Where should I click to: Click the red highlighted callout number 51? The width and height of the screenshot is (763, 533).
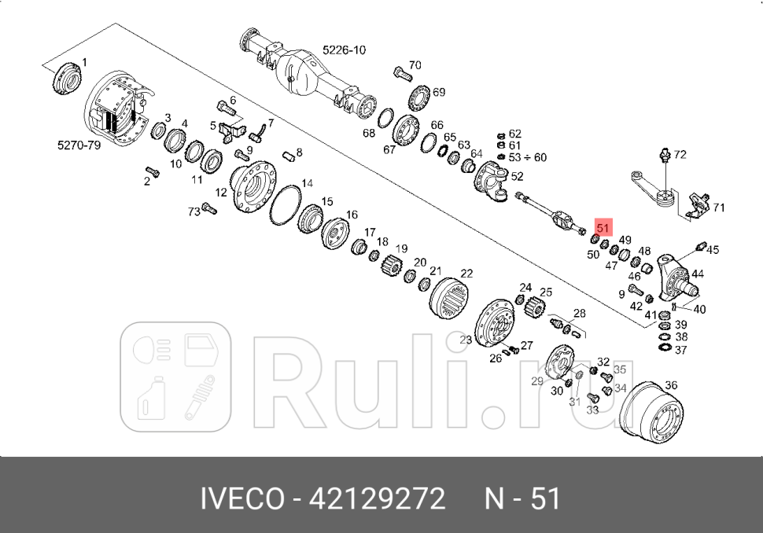[603, 228]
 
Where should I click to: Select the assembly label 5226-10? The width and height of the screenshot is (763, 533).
[344, 50]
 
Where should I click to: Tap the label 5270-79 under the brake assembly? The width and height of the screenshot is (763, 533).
[79, 145]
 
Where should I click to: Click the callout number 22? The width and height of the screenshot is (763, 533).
[466, 274]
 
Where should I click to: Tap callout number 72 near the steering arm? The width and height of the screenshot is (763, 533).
[680, 155]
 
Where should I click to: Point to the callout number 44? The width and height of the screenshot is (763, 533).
[698, 274]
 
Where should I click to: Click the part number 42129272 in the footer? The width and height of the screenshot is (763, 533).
[378, 498]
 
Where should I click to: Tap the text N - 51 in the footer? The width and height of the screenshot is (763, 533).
[522, 498]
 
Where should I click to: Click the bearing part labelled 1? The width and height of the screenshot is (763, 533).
[68, 79]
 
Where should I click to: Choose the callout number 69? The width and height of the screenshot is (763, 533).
[438, 92]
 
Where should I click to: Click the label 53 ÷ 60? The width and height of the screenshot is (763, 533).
[528, 157]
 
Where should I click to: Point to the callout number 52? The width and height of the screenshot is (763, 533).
[517, 177]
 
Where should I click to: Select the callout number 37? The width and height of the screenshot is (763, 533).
[680, 350]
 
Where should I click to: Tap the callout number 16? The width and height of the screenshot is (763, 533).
[351, 215]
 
